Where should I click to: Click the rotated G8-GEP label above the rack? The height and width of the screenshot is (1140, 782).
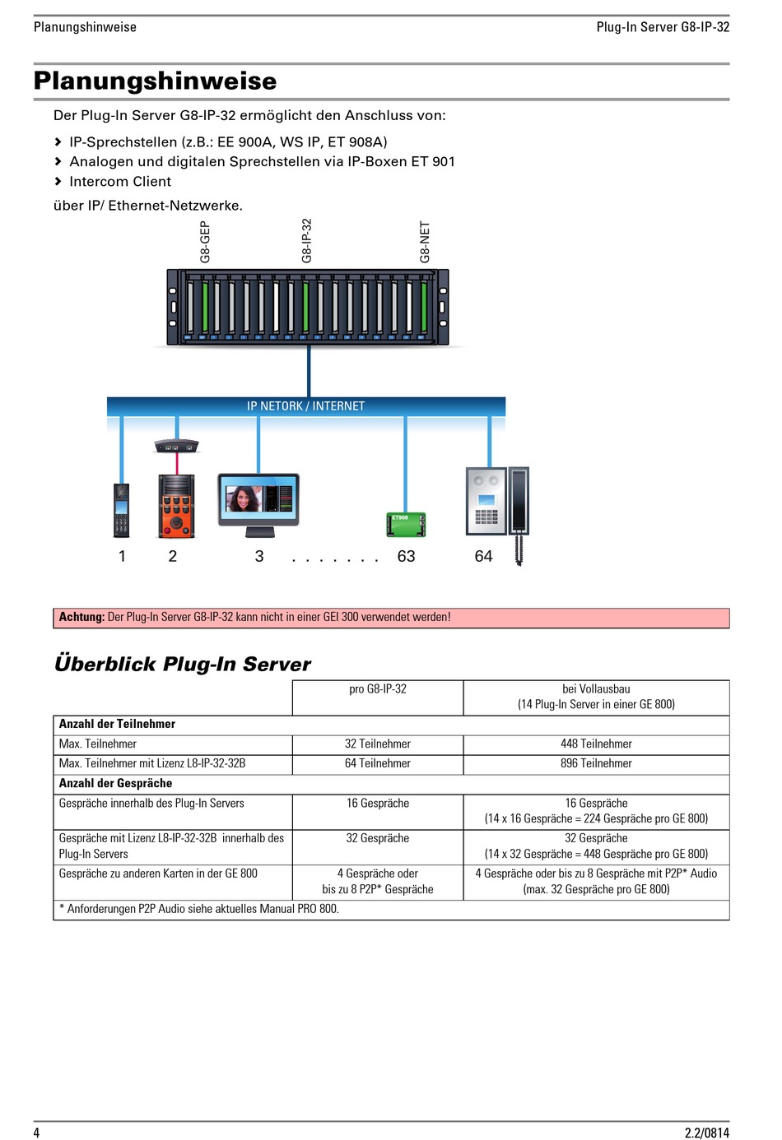[x=205, y=242]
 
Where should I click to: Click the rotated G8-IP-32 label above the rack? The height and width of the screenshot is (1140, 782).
[x=306, y=241]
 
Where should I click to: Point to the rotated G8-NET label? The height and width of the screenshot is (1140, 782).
[x=425, y=242]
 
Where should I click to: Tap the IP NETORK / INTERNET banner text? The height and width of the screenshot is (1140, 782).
[x=305, y=406]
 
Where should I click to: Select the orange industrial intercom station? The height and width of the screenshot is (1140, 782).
[x=176, y=506]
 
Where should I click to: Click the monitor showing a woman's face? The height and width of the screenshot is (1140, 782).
[x=258, y=505]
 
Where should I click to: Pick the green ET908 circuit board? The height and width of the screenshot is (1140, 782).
[x=406, y=525]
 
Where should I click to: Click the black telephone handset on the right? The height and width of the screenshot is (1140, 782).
[x=519, y=515]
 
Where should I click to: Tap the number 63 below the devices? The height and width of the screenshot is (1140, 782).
[x=406, y=556]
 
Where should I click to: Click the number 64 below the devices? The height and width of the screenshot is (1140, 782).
[x=483, y=556]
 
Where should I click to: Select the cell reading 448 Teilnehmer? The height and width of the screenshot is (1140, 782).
[x=596, y=744]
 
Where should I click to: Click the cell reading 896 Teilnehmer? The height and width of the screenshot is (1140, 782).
[x=596, y=763]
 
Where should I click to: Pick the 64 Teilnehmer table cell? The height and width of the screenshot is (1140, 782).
[x=378, y=763]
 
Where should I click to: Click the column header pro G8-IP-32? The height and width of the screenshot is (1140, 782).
[x=378, y=689]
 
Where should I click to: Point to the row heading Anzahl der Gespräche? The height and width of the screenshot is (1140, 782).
[x=115, y=783]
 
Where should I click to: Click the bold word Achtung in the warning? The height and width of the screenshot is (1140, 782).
[x=81, y=617]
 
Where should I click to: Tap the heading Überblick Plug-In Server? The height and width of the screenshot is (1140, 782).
[x=183, y=664]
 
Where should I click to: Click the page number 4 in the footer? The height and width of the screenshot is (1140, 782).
[x=36, y=1132]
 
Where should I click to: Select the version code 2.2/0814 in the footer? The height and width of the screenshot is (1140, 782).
[x=706, y=1133]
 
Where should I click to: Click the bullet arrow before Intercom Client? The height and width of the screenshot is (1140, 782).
[x=58, y=181]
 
